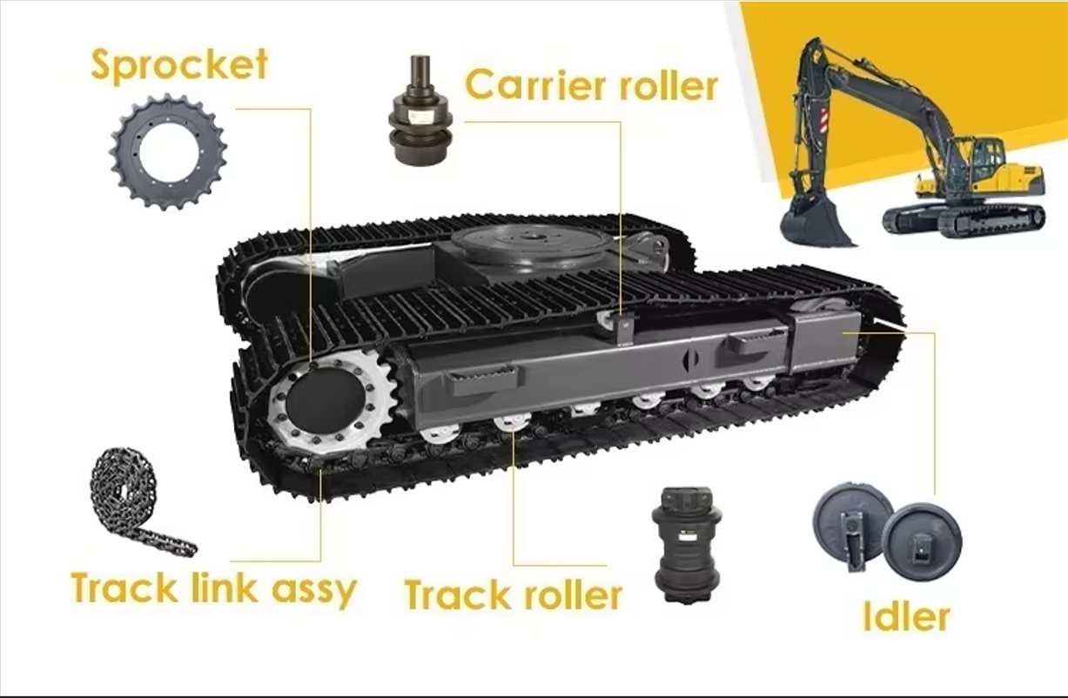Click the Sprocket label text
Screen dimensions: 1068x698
[x=179, y=65]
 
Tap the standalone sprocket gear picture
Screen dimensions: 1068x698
[x=168, y=151]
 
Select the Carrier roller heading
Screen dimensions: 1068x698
[x=591, y=85]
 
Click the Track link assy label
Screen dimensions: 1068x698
[x=213, y=589]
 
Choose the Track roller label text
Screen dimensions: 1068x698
[x=513, y=594]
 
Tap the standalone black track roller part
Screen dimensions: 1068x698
[x=686, y=546]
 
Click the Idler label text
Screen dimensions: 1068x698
[x=906, y=616]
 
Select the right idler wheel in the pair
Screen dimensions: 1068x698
[x=922, y=541]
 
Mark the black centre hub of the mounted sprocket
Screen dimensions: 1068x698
[x=326, y=401]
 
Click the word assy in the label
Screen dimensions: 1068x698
[x=315, y=591]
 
